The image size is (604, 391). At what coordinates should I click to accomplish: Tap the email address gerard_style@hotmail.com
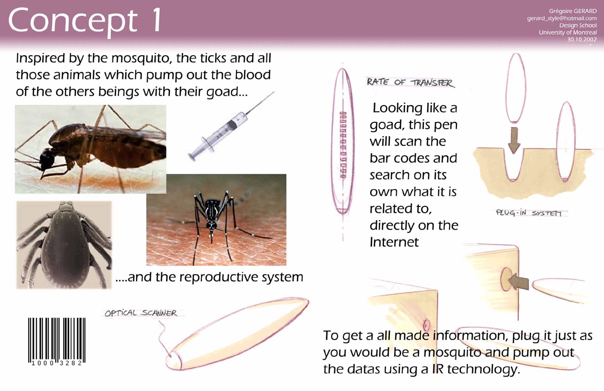click(x=562, y=18)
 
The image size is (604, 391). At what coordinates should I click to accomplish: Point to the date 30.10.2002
click(x=582, y=39)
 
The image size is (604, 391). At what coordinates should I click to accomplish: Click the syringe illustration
click(x=231, y=126)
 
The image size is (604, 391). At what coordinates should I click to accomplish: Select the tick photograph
click(x=64, y=245)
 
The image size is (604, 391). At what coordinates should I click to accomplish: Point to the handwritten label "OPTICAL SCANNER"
click(x=141, y=313)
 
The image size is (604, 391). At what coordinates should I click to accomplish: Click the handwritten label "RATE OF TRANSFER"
click(x=410, y=82)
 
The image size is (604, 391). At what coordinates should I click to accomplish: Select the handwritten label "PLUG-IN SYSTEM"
click(x=529, y=213)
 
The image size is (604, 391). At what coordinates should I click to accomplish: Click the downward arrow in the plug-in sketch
click(x=514, y=140)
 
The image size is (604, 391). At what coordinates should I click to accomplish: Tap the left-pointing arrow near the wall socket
click(x=519, y=285)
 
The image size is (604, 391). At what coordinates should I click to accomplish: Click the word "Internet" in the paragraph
click(x=394, y=242)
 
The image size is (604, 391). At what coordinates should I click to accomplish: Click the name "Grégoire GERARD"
click(x=573, y=11)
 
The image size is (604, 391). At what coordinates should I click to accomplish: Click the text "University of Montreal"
click(x=568, y=33)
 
